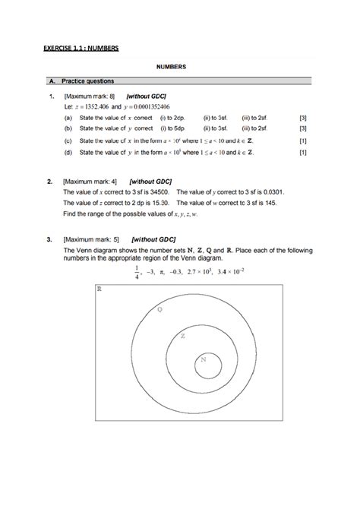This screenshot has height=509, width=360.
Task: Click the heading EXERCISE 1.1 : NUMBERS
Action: coord(81,49)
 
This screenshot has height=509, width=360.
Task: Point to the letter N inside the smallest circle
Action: coord(203,359)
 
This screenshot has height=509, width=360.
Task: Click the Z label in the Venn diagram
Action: coord(182,336)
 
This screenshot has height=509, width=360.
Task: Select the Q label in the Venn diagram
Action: coord(159,310)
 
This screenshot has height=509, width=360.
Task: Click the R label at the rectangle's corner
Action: coord(99,289)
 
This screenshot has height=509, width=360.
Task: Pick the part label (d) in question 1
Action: coord(68,152)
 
